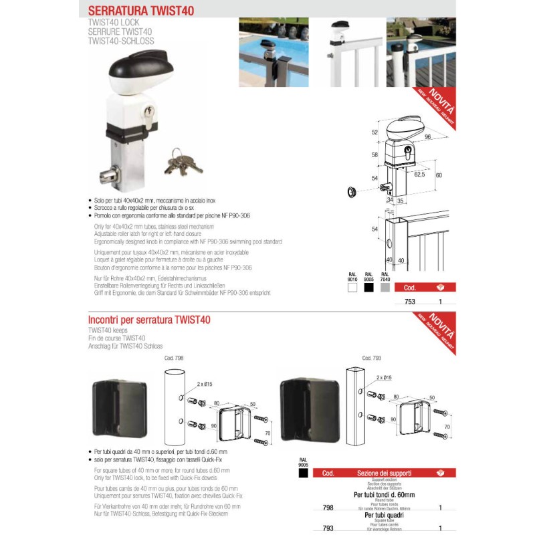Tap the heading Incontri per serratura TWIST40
point(149,320)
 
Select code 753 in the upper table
point(410,302)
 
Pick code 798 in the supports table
point(328,508)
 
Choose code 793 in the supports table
point(328,528)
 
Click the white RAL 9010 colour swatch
point(352,288)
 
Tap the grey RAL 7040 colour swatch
point(385,288)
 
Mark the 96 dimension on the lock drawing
point(426,137)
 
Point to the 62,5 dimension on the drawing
point(419,174)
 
